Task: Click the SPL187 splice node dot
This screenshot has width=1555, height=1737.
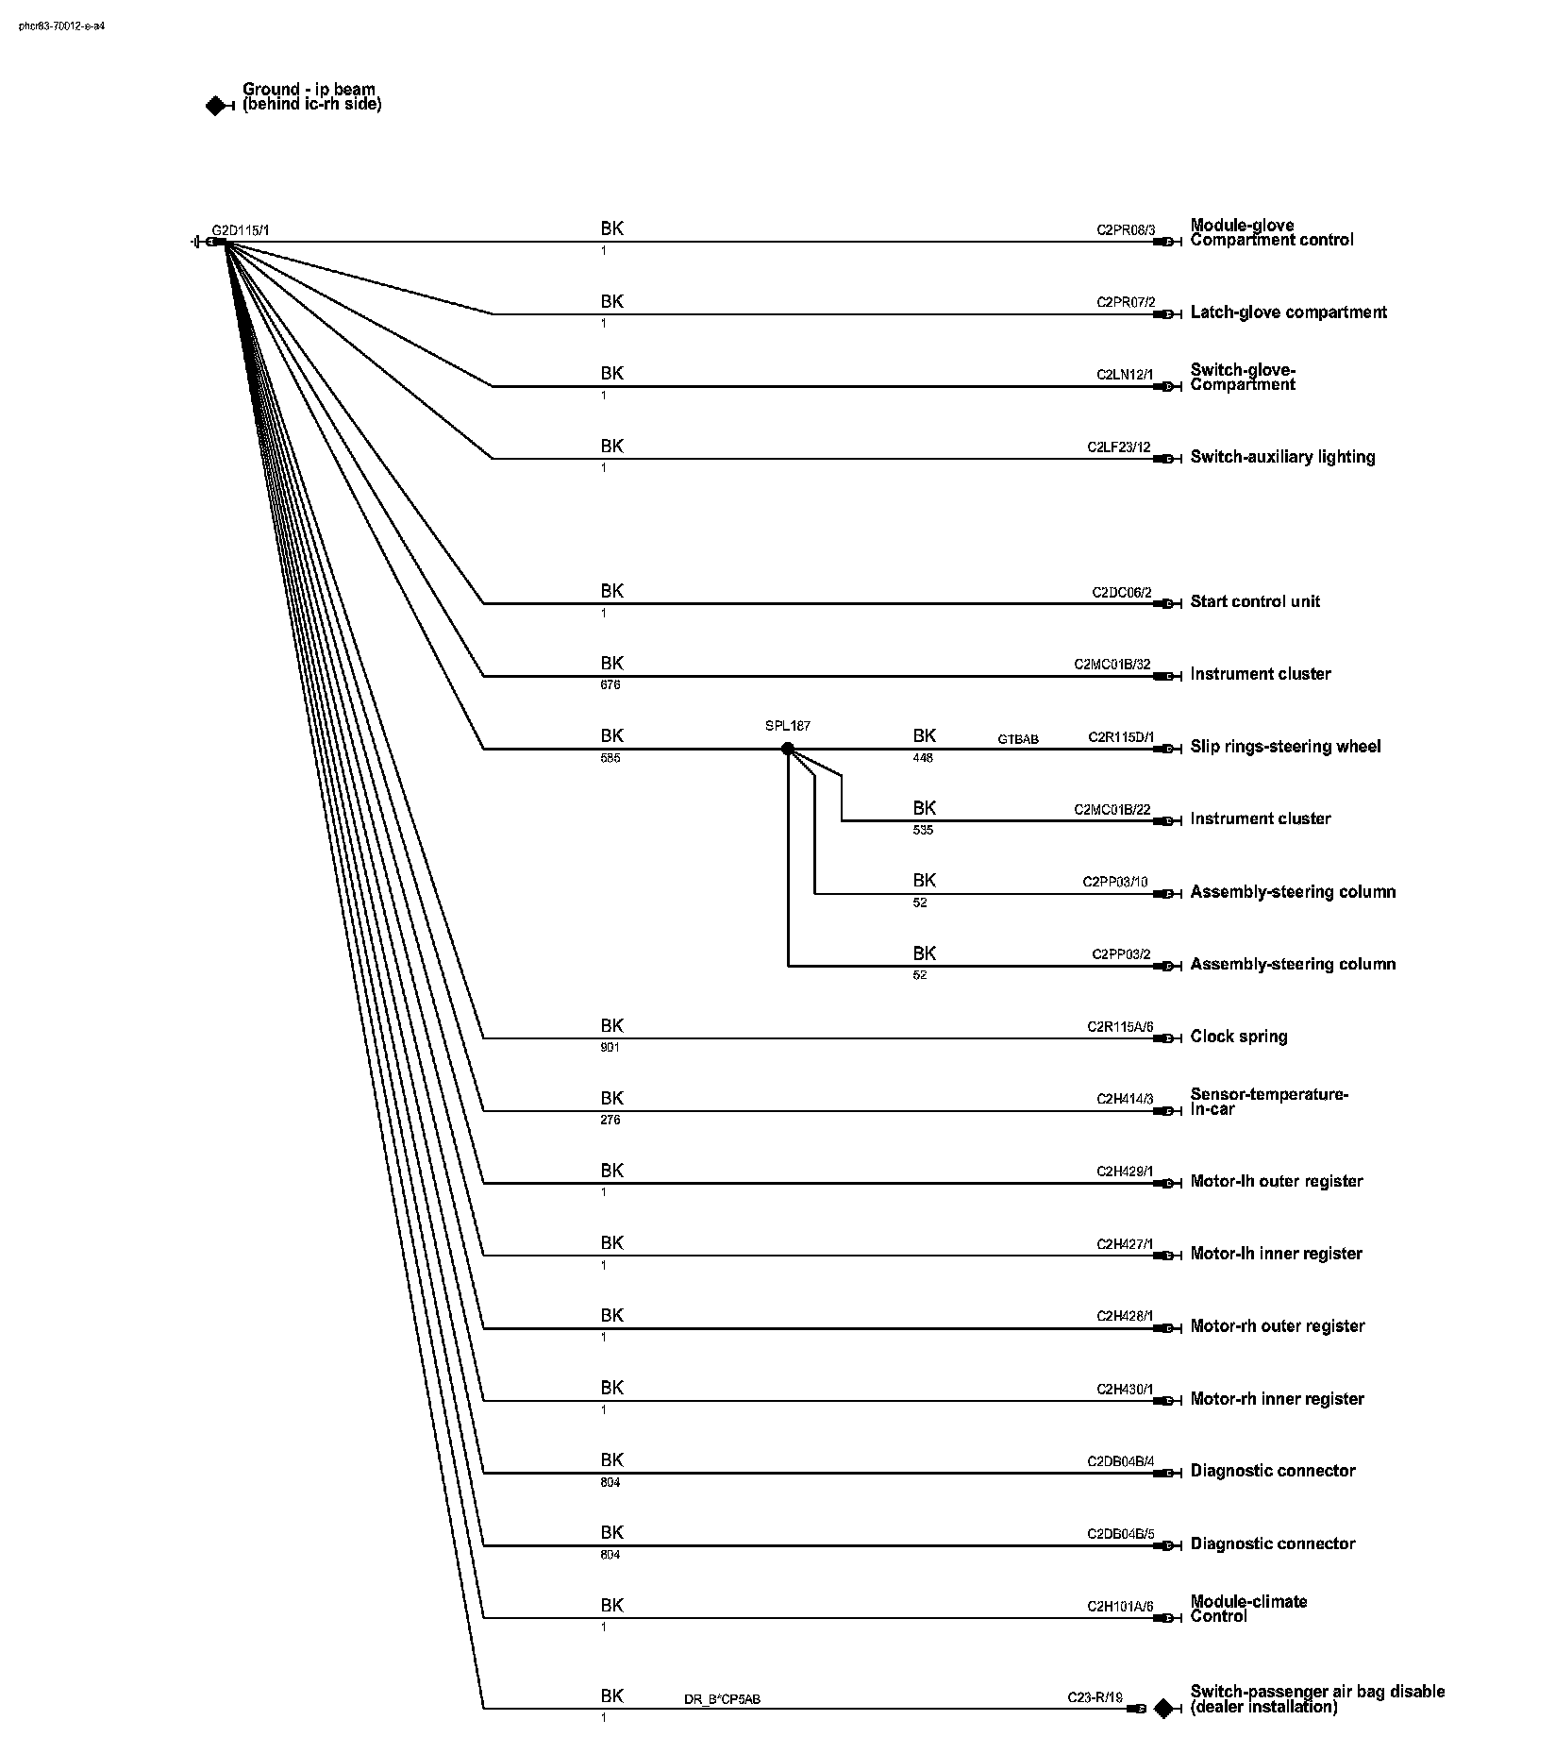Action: [788, 749]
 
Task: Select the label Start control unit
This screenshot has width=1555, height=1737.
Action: [1255, 601]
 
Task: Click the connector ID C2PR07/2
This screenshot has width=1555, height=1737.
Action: [1125, 302]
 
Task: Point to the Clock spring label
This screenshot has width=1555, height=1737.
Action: [1239, 1037]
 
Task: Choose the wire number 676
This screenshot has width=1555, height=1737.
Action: [610, 685]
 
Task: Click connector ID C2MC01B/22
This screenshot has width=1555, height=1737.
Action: [1112, 810]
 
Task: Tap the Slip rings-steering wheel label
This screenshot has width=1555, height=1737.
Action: [1285, 747]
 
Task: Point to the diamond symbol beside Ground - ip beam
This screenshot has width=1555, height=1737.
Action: [216, 107]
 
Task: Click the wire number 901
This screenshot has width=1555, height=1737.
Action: [610, 1048]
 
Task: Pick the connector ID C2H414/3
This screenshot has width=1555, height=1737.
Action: [1125, 1099]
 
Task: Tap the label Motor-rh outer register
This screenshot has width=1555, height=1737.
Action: [1278, 1326]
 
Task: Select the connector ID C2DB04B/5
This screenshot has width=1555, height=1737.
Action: [1120, 1534]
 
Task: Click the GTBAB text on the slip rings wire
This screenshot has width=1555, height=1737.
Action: [1018, 739]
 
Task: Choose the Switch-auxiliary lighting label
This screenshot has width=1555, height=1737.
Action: [1282, 457]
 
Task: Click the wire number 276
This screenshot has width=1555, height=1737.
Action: [610, 1121]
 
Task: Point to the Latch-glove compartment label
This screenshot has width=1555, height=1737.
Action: [1288, 312]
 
